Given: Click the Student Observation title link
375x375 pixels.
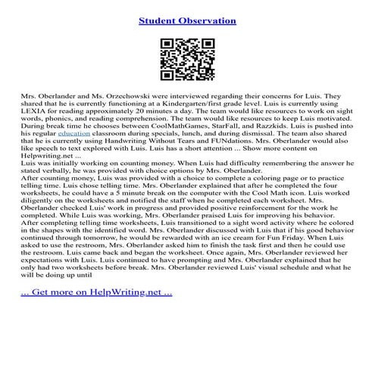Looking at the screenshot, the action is (187, 20).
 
